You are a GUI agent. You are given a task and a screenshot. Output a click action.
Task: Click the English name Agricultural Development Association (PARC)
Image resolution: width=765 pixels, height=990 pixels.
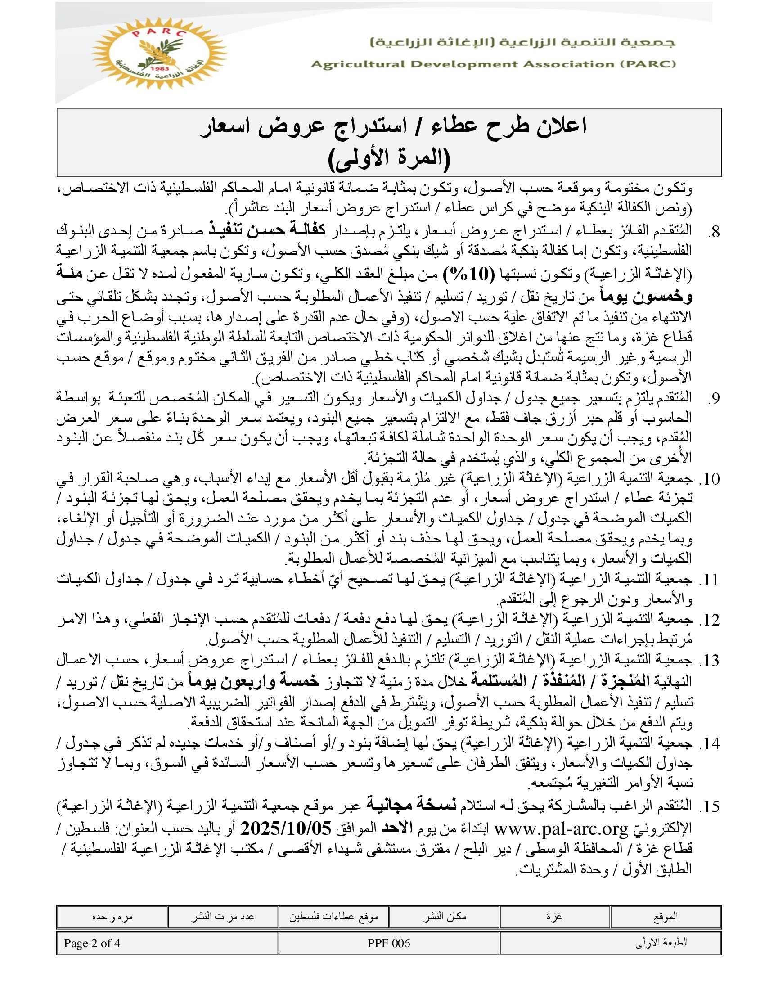(x=493, y=64)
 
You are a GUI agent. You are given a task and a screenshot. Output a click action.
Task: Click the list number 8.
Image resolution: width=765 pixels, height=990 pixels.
(x=713, y=232)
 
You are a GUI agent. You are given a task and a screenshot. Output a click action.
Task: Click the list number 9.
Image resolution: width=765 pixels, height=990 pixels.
(x=713, y=398)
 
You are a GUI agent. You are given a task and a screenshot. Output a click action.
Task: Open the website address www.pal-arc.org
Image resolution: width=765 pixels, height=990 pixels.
(x=561, y=828)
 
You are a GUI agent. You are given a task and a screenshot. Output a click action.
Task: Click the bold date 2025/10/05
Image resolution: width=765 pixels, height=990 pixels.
(x=286, y=828)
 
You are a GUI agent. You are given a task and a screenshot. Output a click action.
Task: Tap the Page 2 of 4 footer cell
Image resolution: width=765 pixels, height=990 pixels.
(x=92, y=943)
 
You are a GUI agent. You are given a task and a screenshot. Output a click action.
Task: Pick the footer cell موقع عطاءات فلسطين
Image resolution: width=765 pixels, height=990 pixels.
(x=333, y=917)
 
